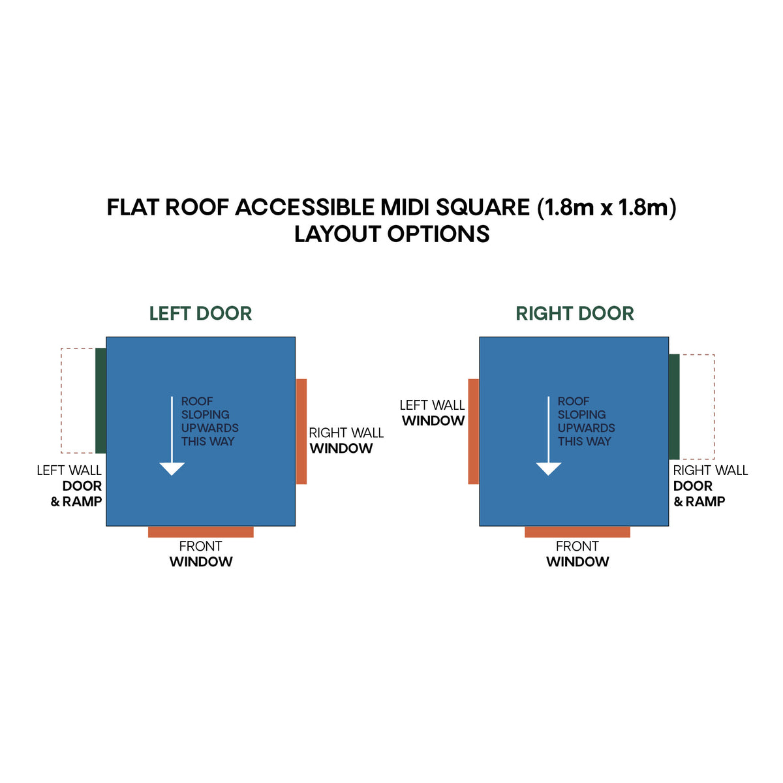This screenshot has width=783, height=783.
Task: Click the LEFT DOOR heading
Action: tap(200, 314)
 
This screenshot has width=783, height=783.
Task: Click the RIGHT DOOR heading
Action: tap(575, 314)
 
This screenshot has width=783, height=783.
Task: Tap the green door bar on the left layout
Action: tap(100, 400)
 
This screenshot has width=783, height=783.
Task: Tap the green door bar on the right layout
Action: tap(674, 407)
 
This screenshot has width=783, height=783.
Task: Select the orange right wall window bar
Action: tap(301, 431)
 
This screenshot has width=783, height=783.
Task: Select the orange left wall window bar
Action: tap(473, 431)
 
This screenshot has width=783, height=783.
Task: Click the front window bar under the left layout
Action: tap(201, 532)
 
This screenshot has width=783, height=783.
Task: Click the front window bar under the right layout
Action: tap(577, 532)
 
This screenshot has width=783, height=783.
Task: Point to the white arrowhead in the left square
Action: tap(172, 468)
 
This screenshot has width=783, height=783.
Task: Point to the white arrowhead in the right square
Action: tap(549, 468)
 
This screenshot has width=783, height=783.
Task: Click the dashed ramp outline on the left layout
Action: tap(61, 400)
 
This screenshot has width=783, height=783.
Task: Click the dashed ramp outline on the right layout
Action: tap(714, 407)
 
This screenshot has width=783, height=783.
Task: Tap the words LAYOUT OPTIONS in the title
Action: tap(391, 234)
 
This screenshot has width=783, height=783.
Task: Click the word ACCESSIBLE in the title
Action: tap(304, 207)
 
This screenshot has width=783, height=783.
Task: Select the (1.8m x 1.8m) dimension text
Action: tap(607, 208)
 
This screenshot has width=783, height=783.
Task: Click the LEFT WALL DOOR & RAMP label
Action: tap(69, 486)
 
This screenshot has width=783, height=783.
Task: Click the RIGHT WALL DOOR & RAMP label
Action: tap(711, 486)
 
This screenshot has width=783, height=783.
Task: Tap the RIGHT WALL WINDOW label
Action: tap(346, 440)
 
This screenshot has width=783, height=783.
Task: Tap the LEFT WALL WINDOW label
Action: tap(432, 413)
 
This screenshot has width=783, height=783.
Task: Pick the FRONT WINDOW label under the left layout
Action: tap(201, 554)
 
